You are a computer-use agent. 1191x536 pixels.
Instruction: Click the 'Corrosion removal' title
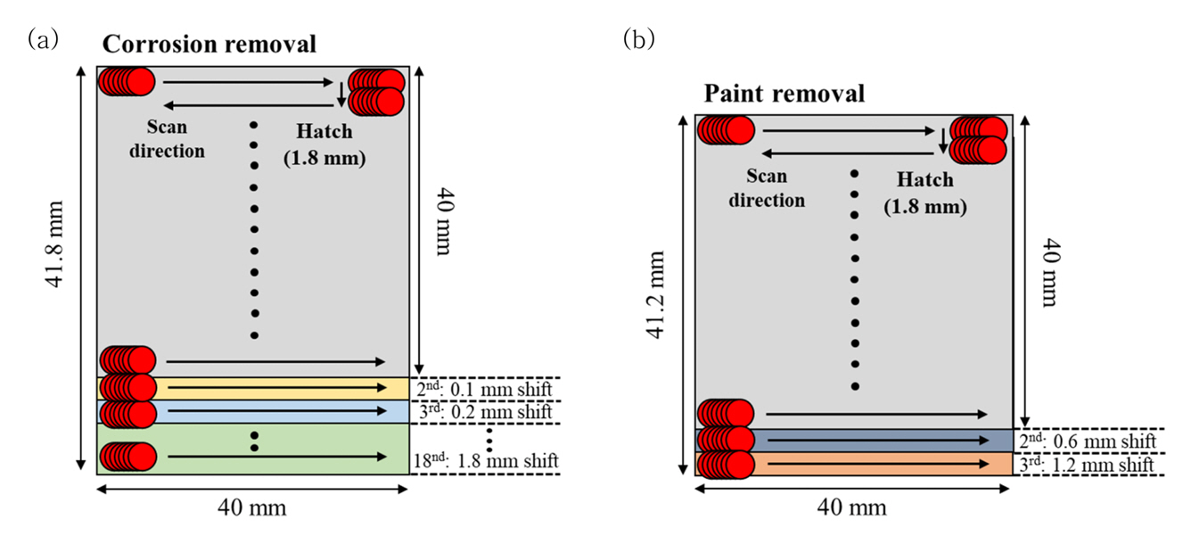pyautogui.click(x=209, y=44)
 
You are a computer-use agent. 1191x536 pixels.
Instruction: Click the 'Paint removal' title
pyautogui.click(x=784, y=94)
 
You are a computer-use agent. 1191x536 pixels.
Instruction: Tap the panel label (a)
pyautogui.click(x=44, y=38)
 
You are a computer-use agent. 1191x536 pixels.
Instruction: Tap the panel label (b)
pyautogui.click(x=638, y=40)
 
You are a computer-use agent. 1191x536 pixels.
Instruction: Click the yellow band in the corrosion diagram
pyautogui.click(x=267, y=388)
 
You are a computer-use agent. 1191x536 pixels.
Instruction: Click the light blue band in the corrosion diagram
pyautogui.click(x=267, y=411)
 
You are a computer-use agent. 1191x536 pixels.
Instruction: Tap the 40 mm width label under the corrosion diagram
pyautogui.click(x=252, y=507)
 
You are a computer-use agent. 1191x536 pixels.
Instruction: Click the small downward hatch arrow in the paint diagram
pyautogui.click(x=942, y=139)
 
